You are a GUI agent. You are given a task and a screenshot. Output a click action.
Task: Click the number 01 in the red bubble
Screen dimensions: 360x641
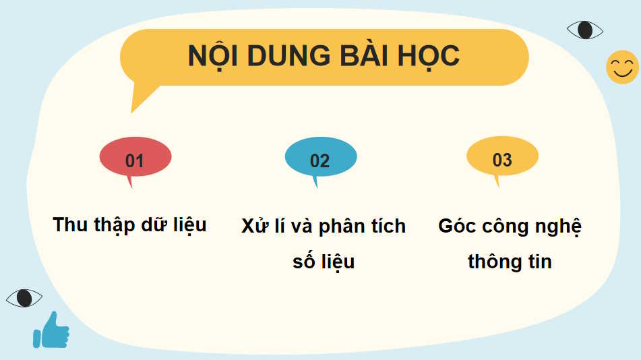pyautogui.click(x=135, y=160)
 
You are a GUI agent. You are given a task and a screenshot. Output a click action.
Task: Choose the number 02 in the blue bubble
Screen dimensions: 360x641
pyautogui.click(x=319, y=160)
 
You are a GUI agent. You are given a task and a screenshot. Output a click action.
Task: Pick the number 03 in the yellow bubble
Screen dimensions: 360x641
pyautogui.click(x=502, y=160)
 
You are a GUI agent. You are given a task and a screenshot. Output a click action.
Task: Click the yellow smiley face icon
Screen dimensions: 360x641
pyautogui.click(x=621, y=67)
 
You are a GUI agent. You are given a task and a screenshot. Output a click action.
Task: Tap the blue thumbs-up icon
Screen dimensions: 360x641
pyautogui.click(x=51, y=330)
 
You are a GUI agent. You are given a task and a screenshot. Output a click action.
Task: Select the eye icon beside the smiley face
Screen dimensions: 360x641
pyautogui.click(x=584, y=30)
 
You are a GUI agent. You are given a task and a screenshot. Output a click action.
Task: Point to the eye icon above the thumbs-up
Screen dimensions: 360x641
pyautogui.click(x=24, y=297)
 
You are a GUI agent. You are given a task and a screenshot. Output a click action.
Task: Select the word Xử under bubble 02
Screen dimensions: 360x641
pyautogui.click(x=255, y=226)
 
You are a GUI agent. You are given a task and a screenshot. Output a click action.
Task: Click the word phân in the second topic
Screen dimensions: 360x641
pyautogui.click(x=341, y=227)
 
